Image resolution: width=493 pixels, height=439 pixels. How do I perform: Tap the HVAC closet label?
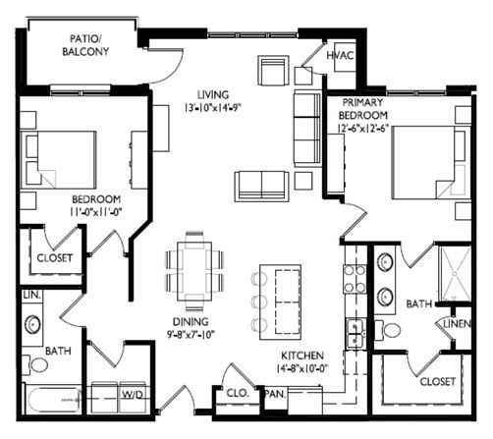[x=342, y=57]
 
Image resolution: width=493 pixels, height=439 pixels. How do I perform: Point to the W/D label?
[x=131, y=395]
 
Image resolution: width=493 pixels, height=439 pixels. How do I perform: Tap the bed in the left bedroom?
[x=61, y=160]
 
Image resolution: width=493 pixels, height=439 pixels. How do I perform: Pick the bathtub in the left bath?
[x=49, y=401]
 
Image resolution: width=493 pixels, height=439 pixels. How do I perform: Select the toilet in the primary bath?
[x=390, y=330]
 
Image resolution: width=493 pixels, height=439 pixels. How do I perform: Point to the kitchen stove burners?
[x=354, y=277]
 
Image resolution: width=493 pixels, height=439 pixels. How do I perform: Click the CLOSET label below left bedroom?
[x=55, y=259]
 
